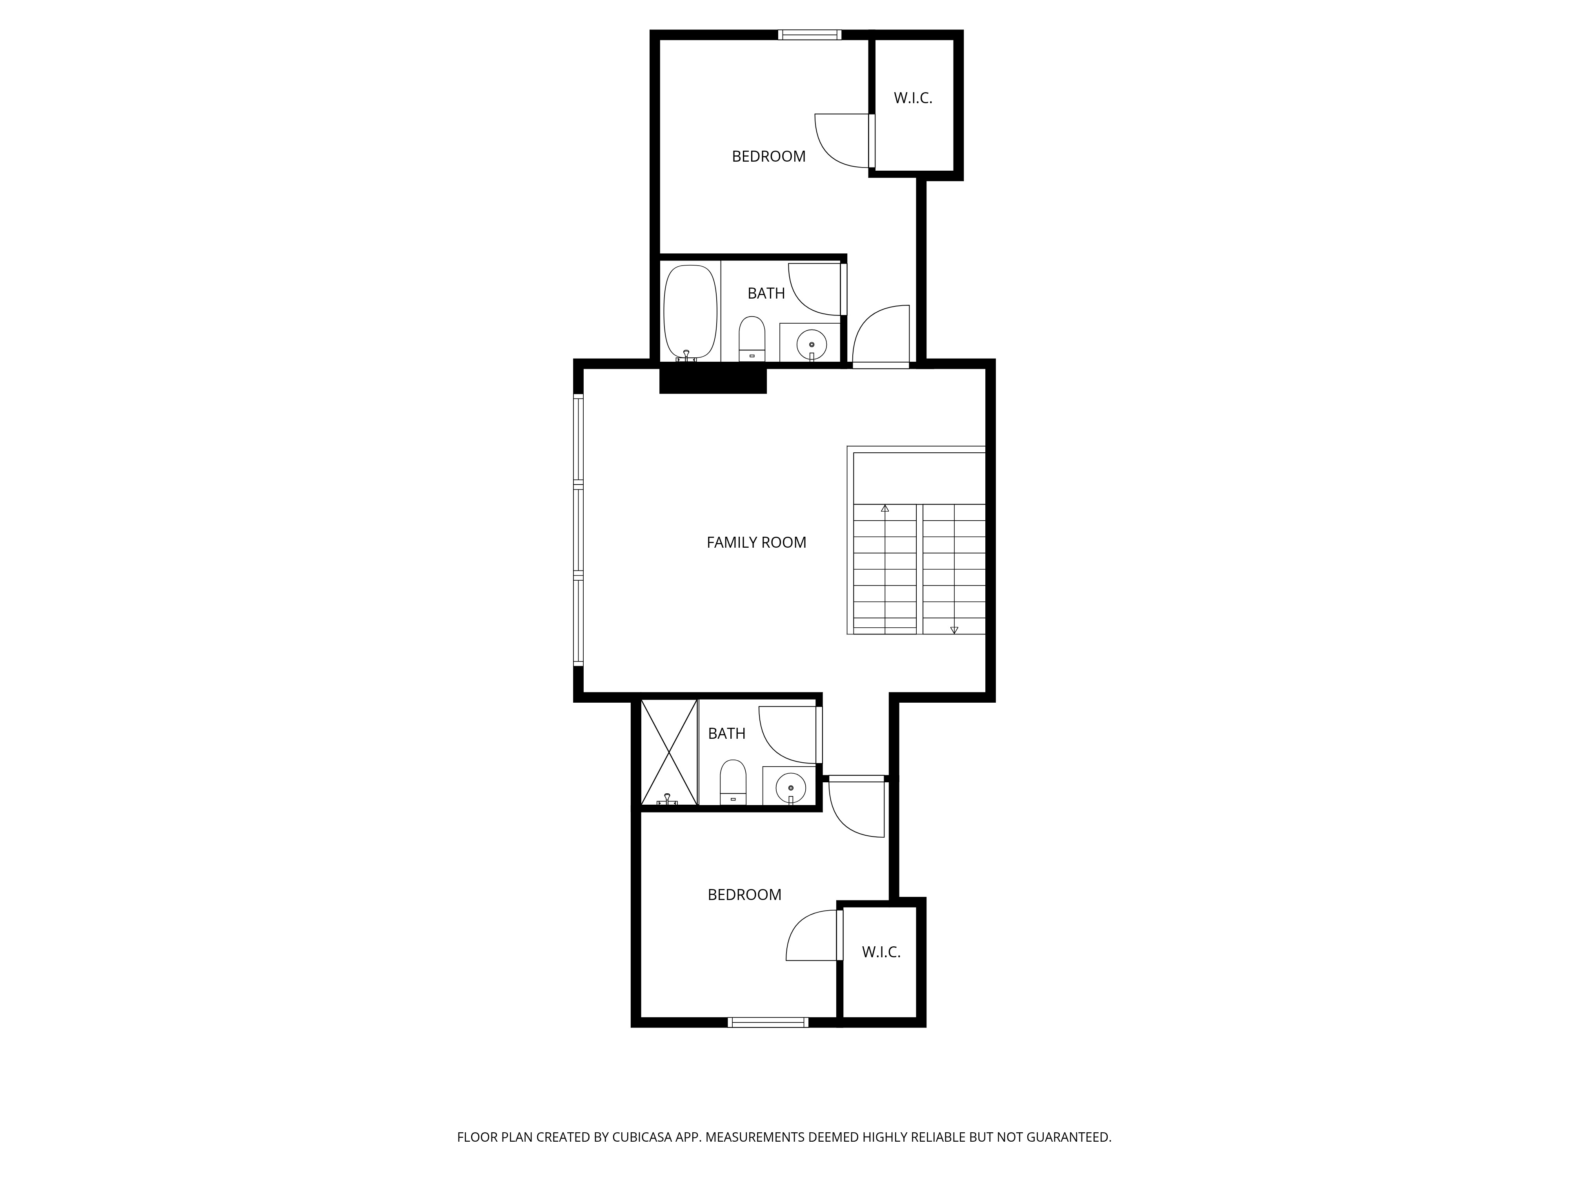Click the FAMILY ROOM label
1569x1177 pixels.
pos(756,543)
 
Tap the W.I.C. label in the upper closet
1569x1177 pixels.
pos(913,98)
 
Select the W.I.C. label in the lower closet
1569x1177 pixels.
pos(881,952)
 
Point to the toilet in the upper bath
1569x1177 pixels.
pos(752,339)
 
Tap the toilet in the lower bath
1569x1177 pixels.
pos(733,782)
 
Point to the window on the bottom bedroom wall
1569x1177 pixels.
pos(768,1022)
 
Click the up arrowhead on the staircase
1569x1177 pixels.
pos(885,508)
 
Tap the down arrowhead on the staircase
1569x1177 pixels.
pos(954,630)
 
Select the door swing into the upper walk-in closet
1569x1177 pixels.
pos(842,140)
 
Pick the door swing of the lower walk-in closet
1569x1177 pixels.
pos(813,935)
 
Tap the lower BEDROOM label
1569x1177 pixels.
pos(744,895)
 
